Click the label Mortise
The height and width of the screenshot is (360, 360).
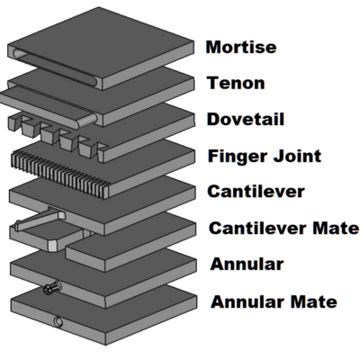click(241, 47)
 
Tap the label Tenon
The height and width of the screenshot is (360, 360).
click(236, 83)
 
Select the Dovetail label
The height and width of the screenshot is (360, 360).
click(246, 119)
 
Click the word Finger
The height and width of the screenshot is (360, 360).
click(238, 157)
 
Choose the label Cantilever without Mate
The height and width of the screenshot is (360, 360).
click(256, 192)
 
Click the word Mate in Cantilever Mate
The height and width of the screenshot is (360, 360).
click(336, 228)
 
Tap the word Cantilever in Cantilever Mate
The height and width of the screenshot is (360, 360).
click(258, 228)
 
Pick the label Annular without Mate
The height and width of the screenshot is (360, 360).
click(247, 265)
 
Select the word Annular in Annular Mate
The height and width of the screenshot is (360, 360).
click(247, 301)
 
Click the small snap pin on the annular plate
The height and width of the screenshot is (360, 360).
click(52, 287)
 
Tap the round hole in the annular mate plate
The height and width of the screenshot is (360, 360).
click(58, 322)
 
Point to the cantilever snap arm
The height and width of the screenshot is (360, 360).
click(39, 220)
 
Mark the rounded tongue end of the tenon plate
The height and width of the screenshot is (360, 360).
click(87, 120)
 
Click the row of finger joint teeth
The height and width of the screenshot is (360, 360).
click(60, 174)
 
